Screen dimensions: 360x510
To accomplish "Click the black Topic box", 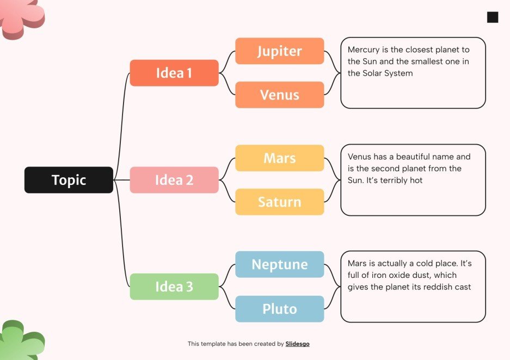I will coord(69,180).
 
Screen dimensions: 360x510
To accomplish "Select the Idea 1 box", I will coord(174,73).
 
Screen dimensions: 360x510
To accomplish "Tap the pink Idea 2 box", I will coord(174,180).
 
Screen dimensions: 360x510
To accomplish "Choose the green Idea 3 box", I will coord(174,287).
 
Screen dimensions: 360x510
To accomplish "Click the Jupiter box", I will coord(279,51).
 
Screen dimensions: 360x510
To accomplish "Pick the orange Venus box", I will coord(279,95).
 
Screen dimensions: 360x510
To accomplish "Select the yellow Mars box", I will coord(279,158).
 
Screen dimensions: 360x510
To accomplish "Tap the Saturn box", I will coord(279,202).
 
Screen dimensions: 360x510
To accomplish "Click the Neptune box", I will coord(279,264).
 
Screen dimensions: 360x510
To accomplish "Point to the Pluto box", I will coord(279,309).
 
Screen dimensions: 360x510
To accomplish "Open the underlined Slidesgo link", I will coord(297,344).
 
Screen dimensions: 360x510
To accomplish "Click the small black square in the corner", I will coord(493,17).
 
